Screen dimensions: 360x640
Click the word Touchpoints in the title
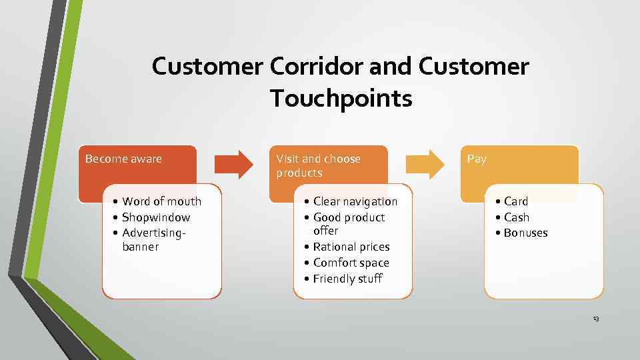(x=341, y=99)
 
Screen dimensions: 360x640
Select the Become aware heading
(x=124, y=159)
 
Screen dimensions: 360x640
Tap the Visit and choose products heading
(x=319, y=165)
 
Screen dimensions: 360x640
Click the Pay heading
(x=477, y=159)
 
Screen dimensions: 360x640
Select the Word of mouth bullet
(x=161, y=201)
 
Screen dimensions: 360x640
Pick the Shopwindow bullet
(x=156, y=217)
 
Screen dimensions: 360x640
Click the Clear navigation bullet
(x=355, y=201)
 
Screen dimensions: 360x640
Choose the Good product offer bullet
(x=349, y=224)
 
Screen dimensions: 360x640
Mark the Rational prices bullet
(x=351, y=247)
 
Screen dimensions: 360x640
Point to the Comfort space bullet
(x=351, y=263)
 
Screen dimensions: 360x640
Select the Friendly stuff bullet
(x=347, y=279)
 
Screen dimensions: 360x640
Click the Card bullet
(x=515, y=201)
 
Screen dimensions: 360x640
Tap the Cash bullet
(x=516, y=217)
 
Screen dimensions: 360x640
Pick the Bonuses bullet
(x=525, y=233)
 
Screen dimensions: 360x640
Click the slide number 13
(x=595, y=319)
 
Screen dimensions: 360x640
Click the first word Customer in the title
(x=208, y=67)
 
